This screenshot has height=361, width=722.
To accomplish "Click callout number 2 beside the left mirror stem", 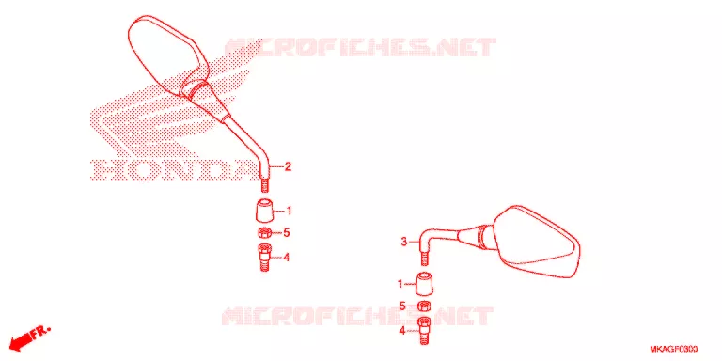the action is pyautogui.click(x=288, y=166).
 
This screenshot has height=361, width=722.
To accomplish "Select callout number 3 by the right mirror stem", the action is pyautogui.click(x=404, y=242).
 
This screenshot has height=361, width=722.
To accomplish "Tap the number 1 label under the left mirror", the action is pyautogui.click(x=290, y=211).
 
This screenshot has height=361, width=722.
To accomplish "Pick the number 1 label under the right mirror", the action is pyautogui.click(x=400, y=284).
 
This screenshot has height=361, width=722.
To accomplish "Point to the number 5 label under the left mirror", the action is pyautogui.click(x=287, y=233).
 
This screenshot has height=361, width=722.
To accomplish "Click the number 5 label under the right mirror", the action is pyautogui.click(x=402, y=306).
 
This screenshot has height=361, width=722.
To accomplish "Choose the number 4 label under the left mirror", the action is pyautogui.click(x=287, y=258).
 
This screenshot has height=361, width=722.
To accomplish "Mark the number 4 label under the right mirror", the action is pyautogui.click(x=402, y=330).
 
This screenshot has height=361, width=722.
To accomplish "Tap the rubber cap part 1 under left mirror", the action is pyautogui.click(x=264, y=210).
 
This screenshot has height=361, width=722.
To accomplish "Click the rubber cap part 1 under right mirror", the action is pyautogui.click(x=425, y=284).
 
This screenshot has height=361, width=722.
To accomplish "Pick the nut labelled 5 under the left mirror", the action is pyautogui.click(x=264, y=232).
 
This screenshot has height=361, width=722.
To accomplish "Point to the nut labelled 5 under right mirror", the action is pyautogui.click(x=425, y=306).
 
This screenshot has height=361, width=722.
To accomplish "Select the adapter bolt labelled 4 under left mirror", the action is pyautogui.click(x=264, y=258).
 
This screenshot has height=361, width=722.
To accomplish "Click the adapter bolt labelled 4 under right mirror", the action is pyautogui.click(x=425, y=331).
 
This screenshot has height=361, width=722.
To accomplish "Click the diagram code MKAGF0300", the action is pyautogui.click(x=673, y=349).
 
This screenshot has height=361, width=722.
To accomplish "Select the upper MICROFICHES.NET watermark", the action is pyautogui.click(x=360, y=47).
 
